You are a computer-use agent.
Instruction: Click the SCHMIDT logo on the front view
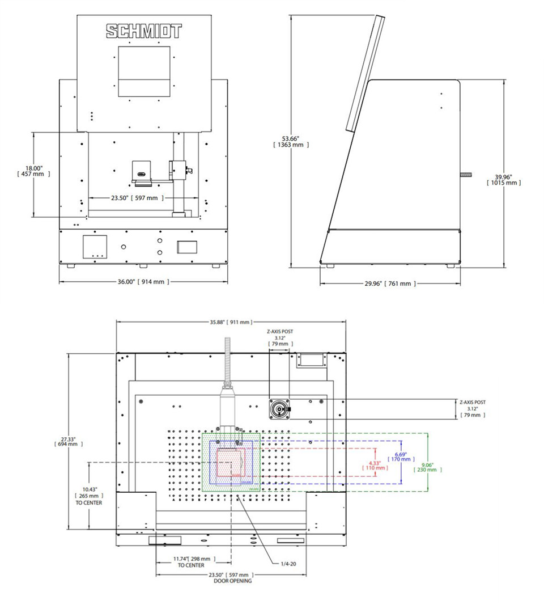(144, 31)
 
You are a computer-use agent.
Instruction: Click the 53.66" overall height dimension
(291, 141)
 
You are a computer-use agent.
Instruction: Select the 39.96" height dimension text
(503, 179)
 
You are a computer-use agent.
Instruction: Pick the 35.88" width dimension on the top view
(231, 322)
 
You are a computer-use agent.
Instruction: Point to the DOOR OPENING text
(232, 581)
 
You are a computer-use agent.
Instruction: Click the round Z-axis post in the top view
(279, 409)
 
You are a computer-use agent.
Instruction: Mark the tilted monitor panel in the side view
(363, 74)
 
